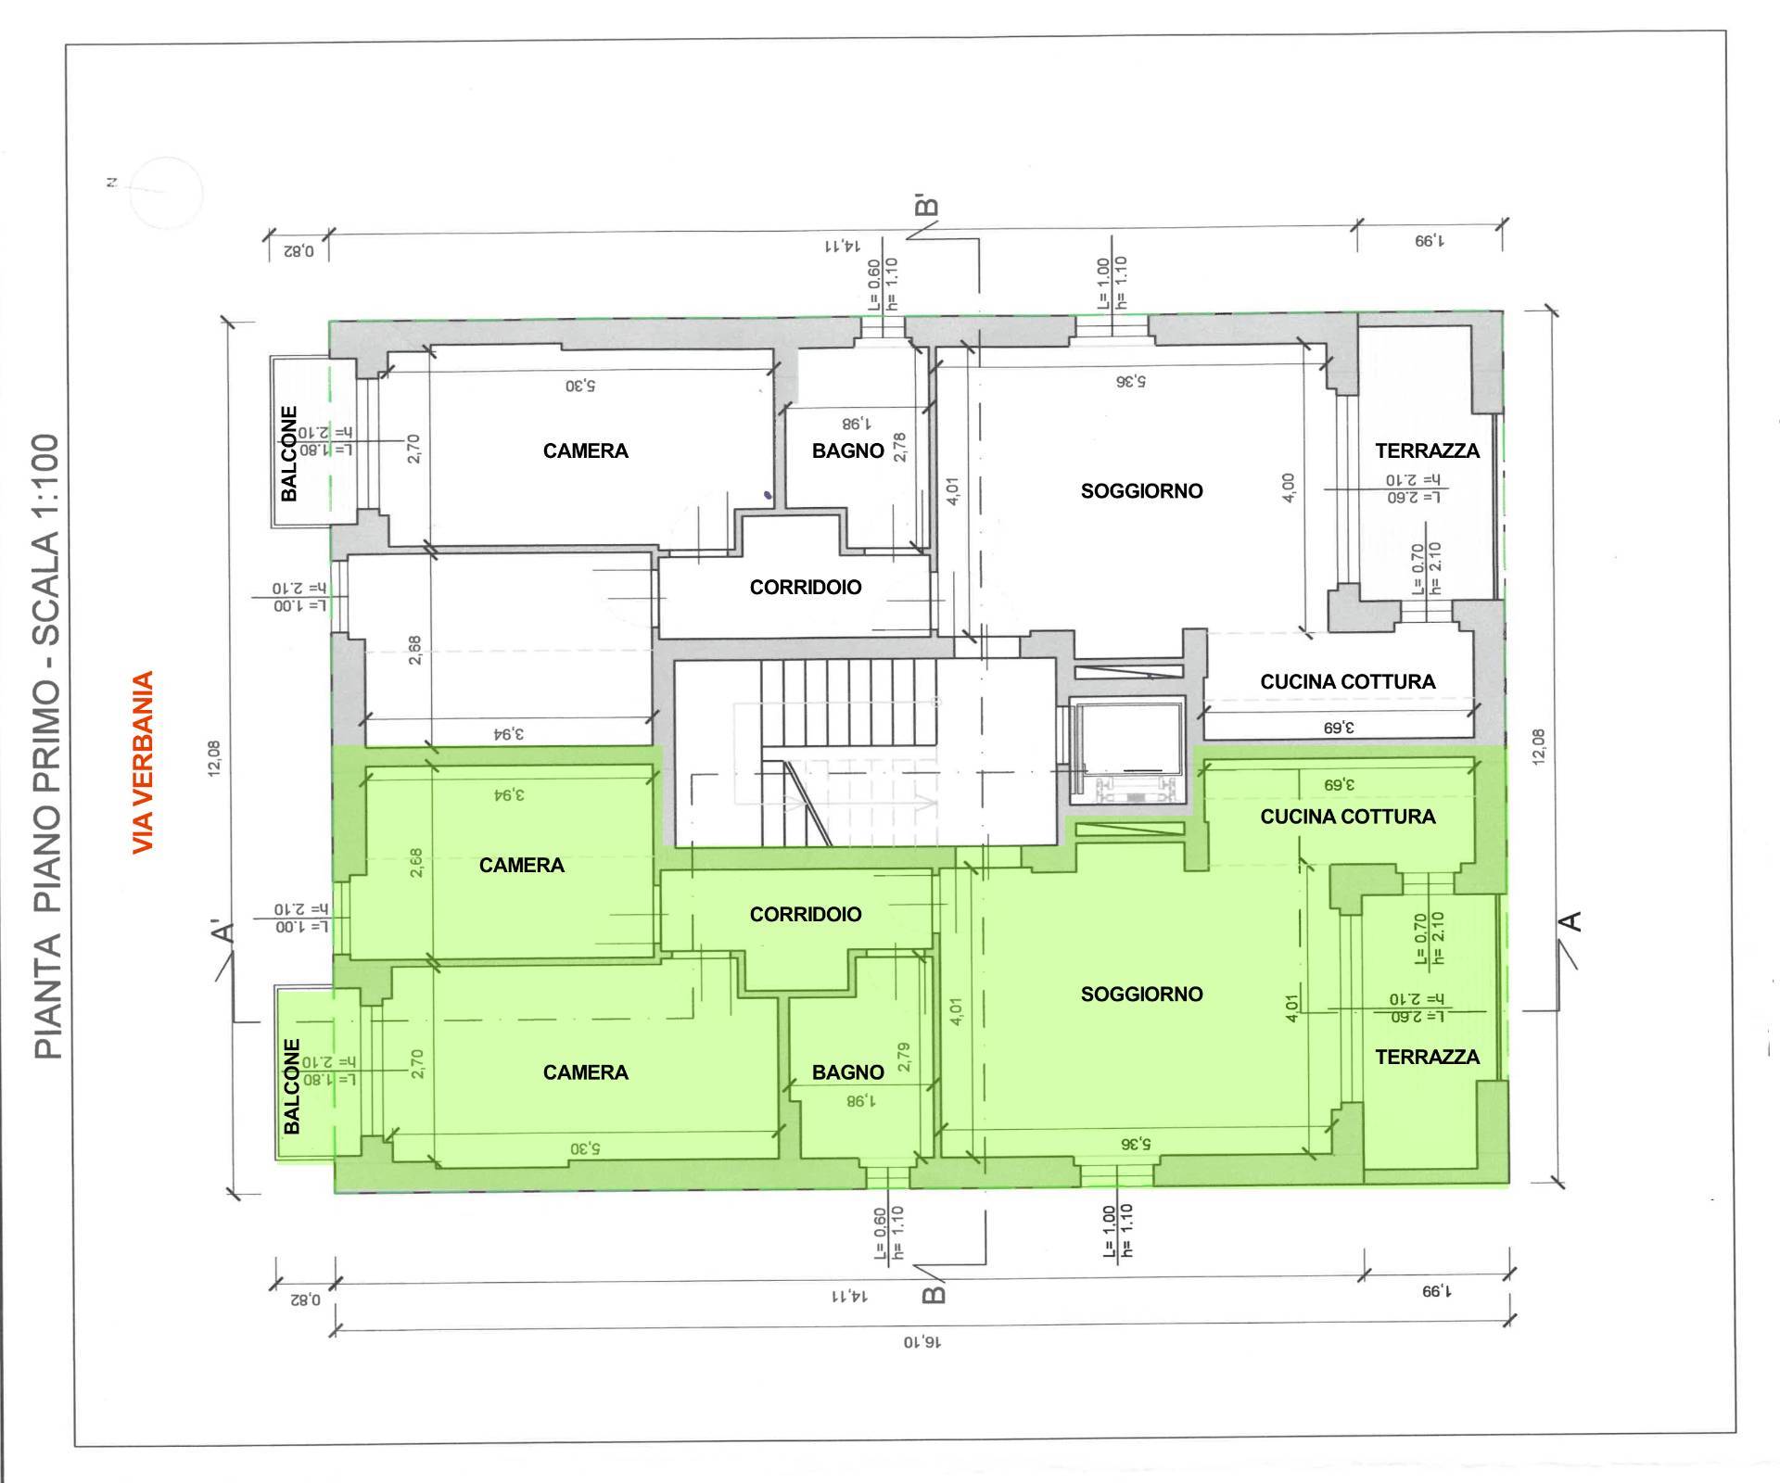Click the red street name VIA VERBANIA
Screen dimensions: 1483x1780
142,762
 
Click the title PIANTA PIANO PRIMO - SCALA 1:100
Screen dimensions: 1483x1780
47,746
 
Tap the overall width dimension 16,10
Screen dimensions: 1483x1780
923,1341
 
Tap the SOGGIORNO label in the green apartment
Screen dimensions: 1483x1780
1141,995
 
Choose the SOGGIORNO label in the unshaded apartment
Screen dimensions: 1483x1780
1141,491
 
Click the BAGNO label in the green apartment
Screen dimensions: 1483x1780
847,1072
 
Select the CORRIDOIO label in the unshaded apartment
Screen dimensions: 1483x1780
805,588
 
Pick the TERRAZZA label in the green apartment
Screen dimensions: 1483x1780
1427,1057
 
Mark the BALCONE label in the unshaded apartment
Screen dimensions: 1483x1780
290,453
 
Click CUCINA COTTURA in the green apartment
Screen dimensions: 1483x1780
1347,817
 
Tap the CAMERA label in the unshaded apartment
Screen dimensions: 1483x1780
585,451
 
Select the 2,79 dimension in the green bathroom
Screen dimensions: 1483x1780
904,1058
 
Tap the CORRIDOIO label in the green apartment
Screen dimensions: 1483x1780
805,915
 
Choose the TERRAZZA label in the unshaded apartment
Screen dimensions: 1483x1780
1427,451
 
